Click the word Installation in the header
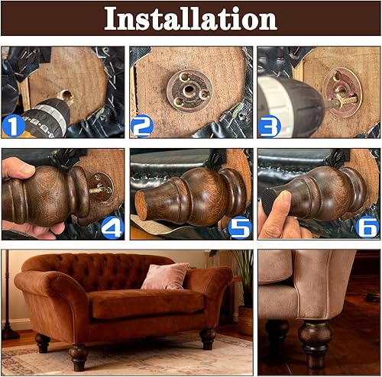click(x=190, y=18)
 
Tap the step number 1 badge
click(x=14, y=125)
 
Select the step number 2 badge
click(x=141, y=125)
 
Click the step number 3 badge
click(x=269, y=125)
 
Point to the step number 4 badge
click(x=112, y=227)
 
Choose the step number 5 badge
click(x=239, y=227)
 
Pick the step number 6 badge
click(x=367, y=227)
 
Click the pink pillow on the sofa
click(x=164, y=275)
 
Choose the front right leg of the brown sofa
click(x=208, y=338)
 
